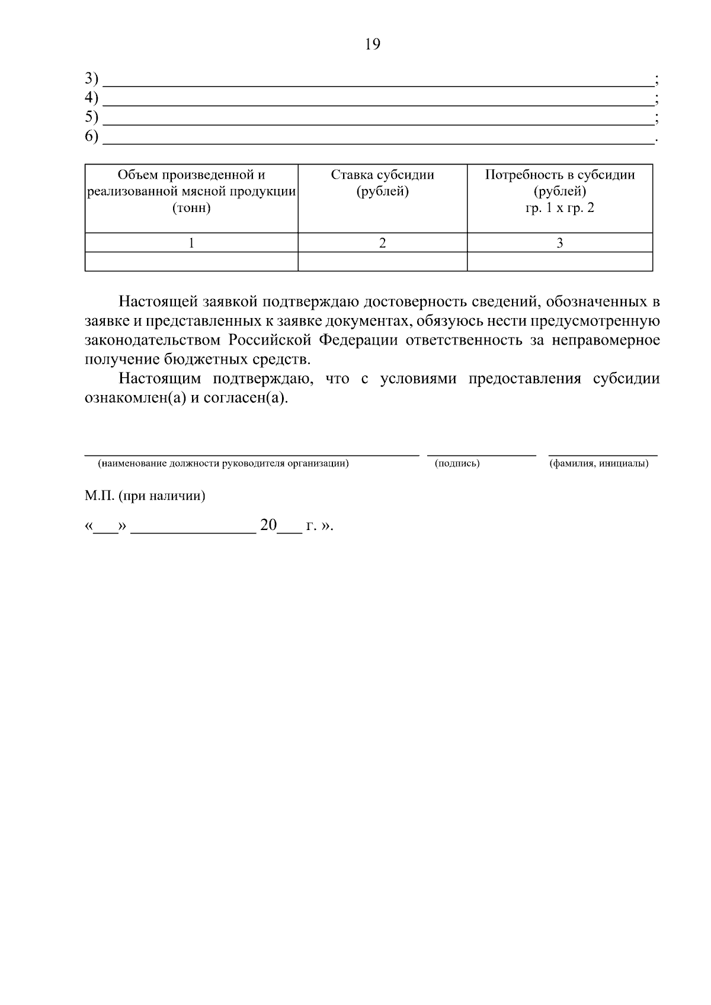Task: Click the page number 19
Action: pos(373,44)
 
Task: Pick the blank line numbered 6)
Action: pos(377,139)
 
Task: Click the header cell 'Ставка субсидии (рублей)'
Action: pos(382,184)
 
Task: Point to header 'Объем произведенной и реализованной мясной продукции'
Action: pos(191,191)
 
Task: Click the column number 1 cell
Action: pos(191,243)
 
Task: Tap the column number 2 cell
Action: pos(382,243)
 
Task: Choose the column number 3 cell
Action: pos(560,243)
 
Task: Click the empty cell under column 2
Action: pos(382,262)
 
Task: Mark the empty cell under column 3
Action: pos(560,262)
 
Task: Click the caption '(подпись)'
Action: pos(457,464)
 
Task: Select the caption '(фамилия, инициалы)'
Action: pos(598,464)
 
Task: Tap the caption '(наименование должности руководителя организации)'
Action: pos(223,464)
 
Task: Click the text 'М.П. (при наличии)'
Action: pos(145,496)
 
